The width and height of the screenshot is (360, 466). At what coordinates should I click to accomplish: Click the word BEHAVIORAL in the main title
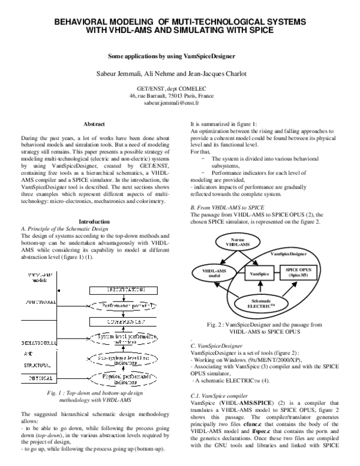pos(83,21)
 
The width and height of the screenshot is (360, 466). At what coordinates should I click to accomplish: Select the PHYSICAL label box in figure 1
pos(38,380)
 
